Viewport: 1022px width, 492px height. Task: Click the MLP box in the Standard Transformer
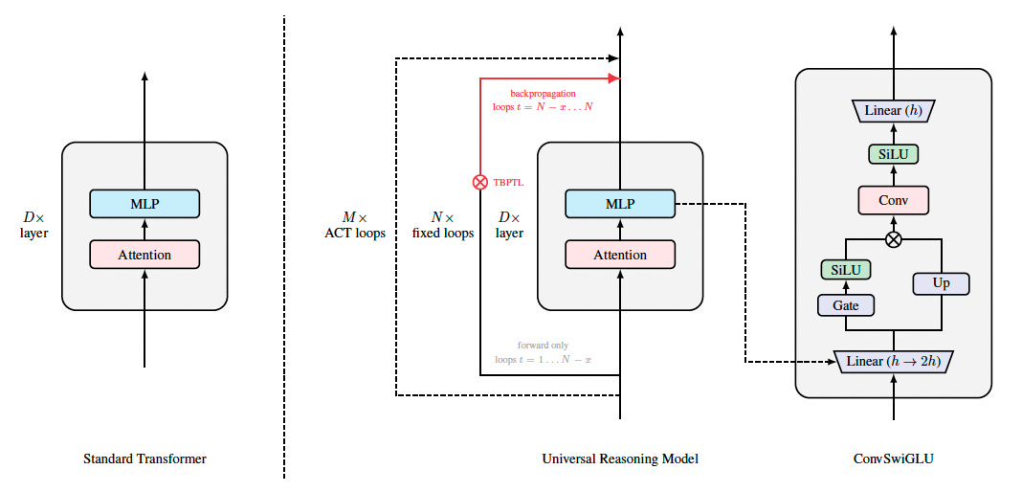144,203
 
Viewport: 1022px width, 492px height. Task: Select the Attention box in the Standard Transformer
144,255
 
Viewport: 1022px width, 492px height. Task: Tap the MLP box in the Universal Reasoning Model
620,203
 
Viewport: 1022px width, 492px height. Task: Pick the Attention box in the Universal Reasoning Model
620,255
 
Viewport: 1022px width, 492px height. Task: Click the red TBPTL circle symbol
480,181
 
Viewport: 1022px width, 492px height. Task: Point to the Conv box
893,199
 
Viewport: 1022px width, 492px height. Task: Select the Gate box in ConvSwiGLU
845,304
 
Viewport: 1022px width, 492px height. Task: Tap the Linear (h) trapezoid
893,110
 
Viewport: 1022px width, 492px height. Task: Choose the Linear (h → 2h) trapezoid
895,362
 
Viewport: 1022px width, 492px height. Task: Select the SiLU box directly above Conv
893,154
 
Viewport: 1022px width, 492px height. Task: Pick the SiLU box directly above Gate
845,270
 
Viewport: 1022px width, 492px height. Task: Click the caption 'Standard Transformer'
144,459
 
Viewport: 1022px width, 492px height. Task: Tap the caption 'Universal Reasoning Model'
620,459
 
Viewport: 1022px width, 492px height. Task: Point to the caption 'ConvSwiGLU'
893,459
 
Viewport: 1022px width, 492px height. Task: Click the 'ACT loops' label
355,233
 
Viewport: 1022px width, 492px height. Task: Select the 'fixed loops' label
443,233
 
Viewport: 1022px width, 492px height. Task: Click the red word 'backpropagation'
542,93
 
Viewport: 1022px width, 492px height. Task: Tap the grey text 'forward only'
544,345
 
